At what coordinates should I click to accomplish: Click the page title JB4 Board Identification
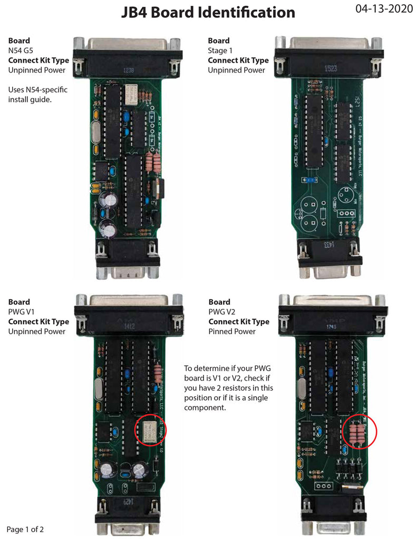point(209,12)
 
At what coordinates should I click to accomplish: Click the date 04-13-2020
point(381,9)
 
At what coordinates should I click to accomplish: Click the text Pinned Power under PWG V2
point(232,331)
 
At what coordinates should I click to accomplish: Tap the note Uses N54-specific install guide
point(38,94)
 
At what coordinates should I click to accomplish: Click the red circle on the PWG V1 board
point(151,428)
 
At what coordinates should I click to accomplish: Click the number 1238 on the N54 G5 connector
point(128,69)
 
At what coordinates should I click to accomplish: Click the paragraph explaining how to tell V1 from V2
point(228,388)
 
